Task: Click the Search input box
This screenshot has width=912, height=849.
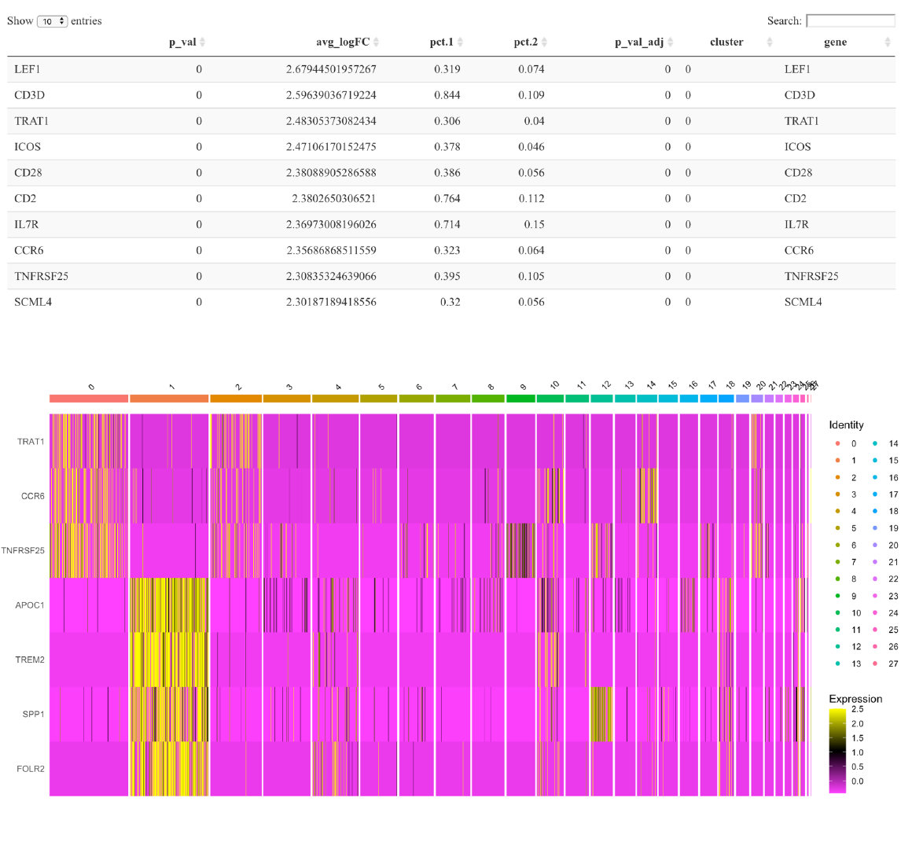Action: [850, 20]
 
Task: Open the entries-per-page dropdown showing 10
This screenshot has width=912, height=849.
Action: [52, 21]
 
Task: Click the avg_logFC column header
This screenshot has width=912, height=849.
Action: [343, 42]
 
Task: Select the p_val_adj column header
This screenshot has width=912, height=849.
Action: [638, 42]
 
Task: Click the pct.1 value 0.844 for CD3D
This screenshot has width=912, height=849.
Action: [447, 95]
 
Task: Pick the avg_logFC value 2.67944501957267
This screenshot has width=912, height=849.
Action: [331, 69]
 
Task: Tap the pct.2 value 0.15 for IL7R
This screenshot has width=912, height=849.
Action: [534, 225]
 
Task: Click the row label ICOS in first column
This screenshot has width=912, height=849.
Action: [28, 147]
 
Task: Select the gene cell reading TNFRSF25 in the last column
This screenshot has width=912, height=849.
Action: [811, 277]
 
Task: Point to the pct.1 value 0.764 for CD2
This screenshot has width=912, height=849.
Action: [447, 199]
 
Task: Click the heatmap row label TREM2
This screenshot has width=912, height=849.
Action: [30, 660]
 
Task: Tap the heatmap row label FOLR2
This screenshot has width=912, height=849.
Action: [30, 769]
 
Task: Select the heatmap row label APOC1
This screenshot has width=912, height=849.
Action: [30, 605]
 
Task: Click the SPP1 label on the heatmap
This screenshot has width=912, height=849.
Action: [32, 715]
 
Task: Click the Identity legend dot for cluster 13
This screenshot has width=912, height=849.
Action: [837, 663]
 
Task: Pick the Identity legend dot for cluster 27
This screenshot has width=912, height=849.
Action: [875, 663]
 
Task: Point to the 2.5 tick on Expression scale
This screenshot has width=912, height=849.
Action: [857, 709]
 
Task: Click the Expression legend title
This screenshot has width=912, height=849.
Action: [855, 699]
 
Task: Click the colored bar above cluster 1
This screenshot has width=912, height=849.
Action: [169, 399]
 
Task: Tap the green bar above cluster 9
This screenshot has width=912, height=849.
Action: [520, 399]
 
